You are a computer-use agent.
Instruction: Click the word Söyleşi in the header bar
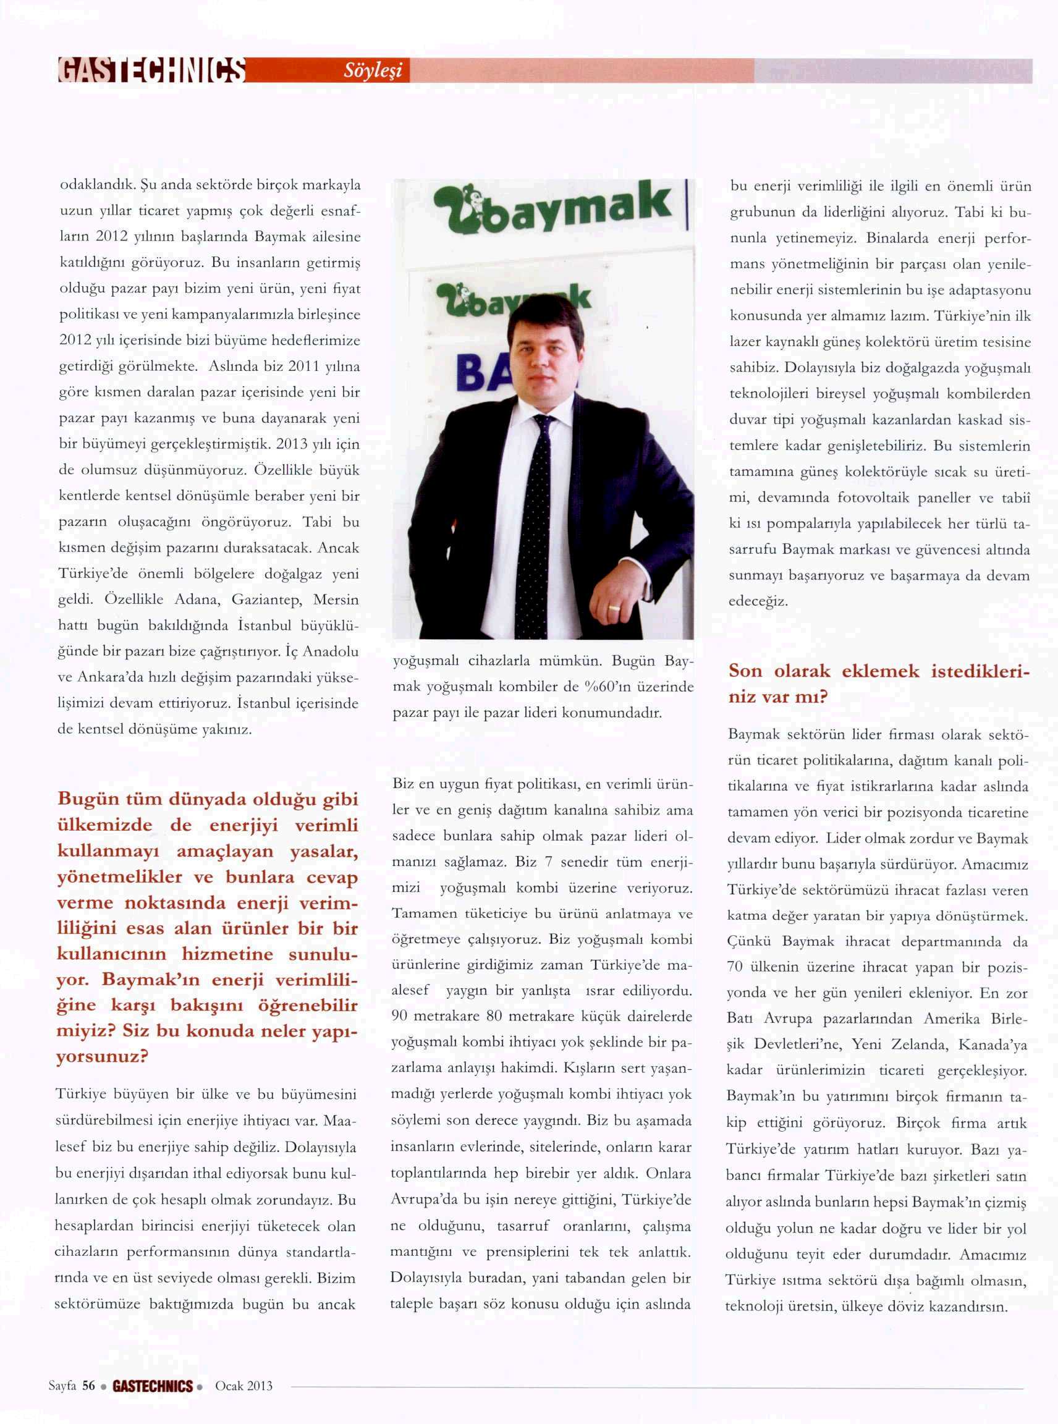pyautogui.click(x=373, y=71)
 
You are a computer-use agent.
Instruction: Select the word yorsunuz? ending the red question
pyautogui.click(x=103, y=1056)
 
